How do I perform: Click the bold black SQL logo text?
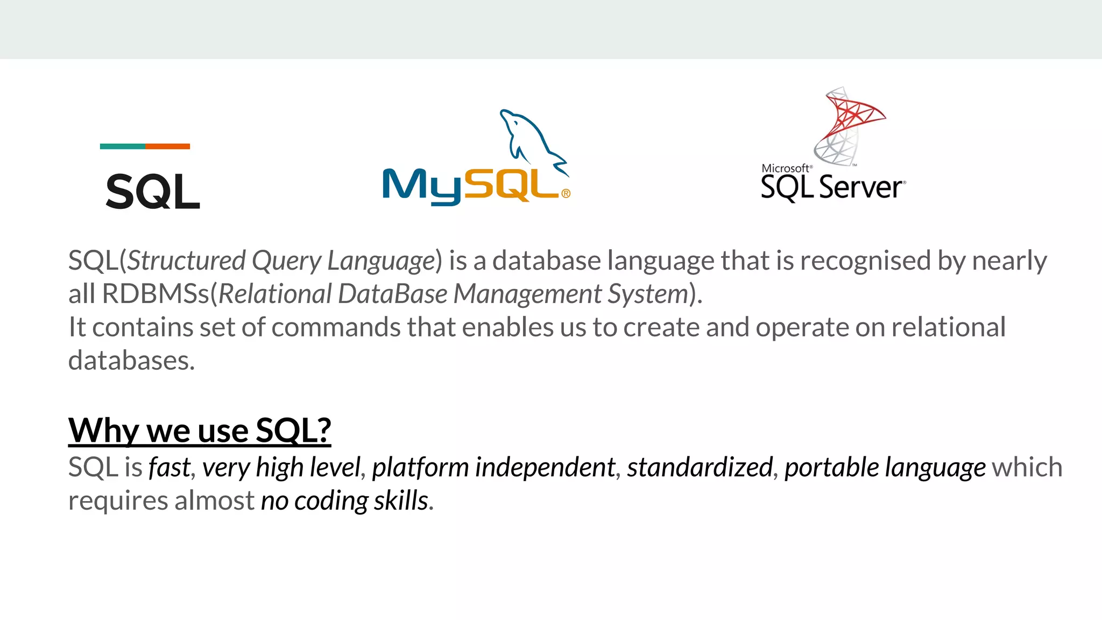pos(153,192)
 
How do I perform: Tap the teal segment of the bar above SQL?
pos(122,146)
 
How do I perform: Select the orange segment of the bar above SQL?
pos(167,146)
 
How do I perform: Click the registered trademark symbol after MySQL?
pos(566,194)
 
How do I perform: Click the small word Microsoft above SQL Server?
pos(785,168)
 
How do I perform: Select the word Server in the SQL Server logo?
pos(860,188)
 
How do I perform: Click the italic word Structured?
pos(186,261)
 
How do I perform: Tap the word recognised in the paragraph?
pos(865,261)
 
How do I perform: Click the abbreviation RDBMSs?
pos(155,294)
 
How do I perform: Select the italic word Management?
pos(527,294)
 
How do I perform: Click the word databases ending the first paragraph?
pos(131,361)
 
